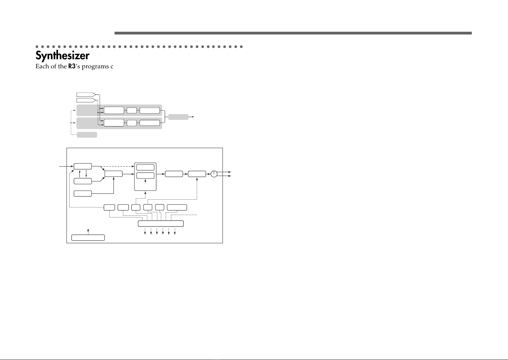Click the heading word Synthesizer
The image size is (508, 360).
(62, 56)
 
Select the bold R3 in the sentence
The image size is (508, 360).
(72, 67)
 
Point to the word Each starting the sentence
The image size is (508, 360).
(42, 67)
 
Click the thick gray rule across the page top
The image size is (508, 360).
(292, 33)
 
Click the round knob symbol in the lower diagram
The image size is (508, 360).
(214, 174)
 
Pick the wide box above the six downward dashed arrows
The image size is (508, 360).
(161, 223)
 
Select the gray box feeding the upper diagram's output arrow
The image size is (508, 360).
(178, 117)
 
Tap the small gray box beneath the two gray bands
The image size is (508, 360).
(87, 135)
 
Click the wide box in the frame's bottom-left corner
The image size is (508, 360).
(88, 238)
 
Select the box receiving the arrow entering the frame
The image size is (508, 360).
(83, 166)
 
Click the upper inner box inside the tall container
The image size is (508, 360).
(146, 167)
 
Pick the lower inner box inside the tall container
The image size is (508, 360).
(146, 176)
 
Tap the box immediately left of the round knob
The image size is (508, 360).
(197, 174)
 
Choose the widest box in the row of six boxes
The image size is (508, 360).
(177, 208)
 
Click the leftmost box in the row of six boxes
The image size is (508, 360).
(109, 208)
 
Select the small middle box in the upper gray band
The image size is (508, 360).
(132, 111)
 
